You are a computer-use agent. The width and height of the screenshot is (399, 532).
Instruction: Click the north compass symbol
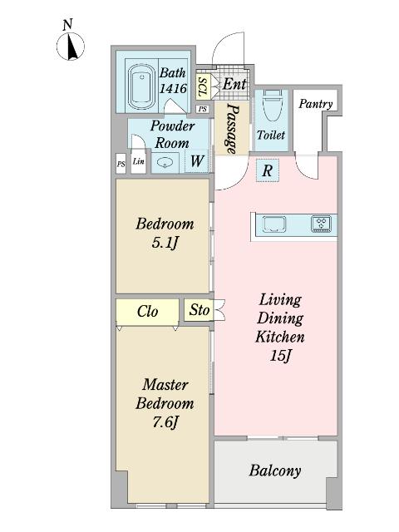pos(70,47)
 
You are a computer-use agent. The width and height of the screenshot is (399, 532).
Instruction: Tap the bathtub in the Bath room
pos(140,86)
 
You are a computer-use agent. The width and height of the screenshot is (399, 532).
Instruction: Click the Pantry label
pos(316,104)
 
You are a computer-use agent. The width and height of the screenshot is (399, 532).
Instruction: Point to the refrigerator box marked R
pos(267,170)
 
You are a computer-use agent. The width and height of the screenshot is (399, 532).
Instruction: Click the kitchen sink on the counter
pos(274,224)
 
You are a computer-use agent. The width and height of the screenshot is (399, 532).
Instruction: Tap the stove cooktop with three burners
pos(322,224)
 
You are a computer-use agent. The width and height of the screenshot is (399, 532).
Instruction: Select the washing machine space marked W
pos(197,160)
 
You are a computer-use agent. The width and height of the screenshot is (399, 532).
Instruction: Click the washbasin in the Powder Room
pos(165,163)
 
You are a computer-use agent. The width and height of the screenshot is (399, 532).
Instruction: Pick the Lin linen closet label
pos(139,161)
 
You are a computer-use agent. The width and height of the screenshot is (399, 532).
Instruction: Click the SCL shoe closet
pos(203,86)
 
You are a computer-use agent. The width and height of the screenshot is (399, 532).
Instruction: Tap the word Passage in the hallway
pos(233,129)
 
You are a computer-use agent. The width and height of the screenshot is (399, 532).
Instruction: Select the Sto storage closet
pos(199,310)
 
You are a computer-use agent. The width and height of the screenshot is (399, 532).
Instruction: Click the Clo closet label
pos(148,312)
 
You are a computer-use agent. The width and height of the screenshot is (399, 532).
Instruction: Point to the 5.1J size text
pos(165,243)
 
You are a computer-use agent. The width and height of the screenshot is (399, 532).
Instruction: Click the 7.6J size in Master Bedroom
pos(165,422)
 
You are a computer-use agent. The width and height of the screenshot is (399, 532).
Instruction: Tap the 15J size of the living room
pos(281,356)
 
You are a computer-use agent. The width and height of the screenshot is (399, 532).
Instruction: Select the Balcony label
pos(275,471)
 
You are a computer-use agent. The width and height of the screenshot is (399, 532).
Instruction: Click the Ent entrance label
pos(234,83)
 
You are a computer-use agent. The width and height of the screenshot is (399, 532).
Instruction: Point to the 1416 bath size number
pos(173,88)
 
